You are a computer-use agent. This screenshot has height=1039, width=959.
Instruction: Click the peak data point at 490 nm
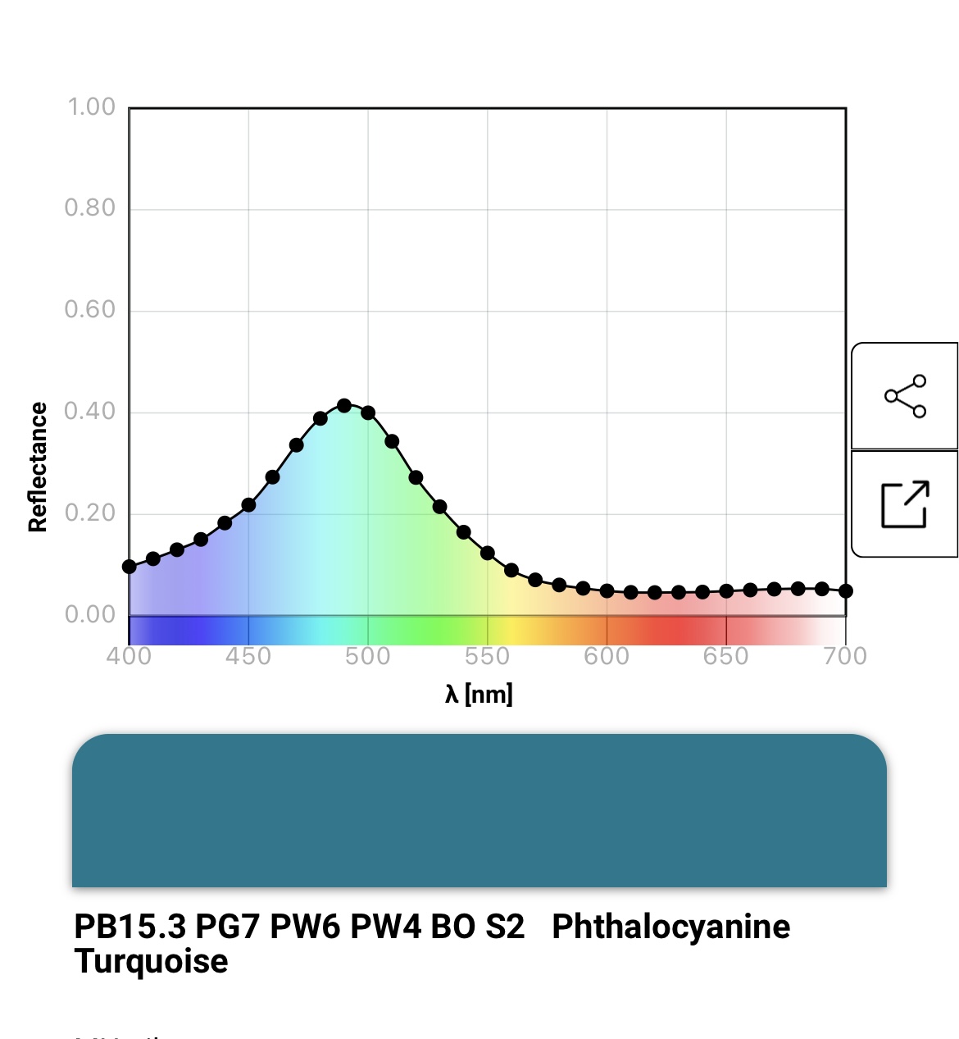[x=344, y=406]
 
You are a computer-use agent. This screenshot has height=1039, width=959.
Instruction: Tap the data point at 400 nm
[x=130, y=567]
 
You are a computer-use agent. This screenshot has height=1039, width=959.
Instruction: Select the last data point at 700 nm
[x=846, y=591]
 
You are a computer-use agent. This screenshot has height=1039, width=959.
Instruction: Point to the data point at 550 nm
[x=488, y=554]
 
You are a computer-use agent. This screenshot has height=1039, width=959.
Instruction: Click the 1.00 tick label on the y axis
[x=91, y=107]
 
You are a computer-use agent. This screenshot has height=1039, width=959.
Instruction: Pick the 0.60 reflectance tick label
[x=90, y=309]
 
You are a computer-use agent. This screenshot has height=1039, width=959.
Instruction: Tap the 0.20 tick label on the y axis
[x=90, y=513]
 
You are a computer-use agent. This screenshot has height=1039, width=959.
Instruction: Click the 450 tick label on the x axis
[x=248, y=656]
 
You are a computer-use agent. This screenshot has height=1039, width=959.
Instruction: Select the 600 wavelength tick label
[x=607, y=656]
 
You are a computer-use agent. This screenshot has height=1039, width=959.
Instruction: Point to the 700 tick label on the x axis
[x=845, y=656]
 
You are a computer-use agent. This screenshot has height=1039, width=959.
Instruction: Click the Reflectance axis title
[x=38, y=467]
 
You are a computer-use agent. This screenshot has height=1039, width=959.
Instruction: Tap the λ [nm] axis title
[x=479, y=695]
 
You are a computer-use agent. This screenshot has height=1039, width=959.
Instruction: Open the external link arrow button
[x=905, y=504]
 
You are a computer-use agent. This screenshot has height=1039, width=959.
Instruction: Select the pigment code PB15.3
[x=130, y=927]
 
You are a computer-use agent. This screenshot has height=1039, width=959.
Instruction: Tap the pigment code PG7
[x=228, y=927]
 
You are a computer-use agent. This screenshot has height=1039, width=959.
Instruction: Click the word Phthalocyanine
[x=670, y=927]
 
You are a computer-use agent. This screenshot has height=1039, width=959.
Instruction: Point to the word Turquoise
[x=151, y=961]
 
